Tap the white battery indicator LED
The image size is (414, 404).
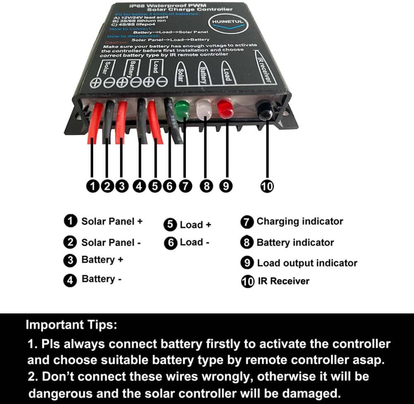pos(204,110)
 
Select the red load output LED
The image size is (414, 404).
pos(225,109)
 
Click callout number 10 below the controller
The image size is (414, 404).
pos(267,186)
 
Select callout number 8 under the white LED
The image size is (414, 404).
pos(206,186)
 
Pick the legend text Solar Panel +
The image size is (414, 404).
pos(112,221)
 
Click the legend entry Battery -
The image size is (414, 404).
pos(101,279)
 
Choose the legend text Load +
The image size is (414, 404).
pos(195,225)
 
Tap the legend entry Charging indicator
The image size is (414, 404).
pos(299,221)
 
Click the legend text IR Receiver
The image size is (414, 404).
pos(283,281)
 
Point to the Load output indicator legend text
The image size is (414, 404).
pos(307,263)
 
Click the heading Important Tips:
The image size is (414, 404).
pos(72,325)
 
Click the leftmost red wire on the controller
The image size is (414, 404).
pos(95,122)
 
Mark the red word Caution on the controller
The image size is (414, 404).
pos(113,43)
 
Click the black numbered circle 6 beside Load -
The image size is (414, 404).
pos(170,243)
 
